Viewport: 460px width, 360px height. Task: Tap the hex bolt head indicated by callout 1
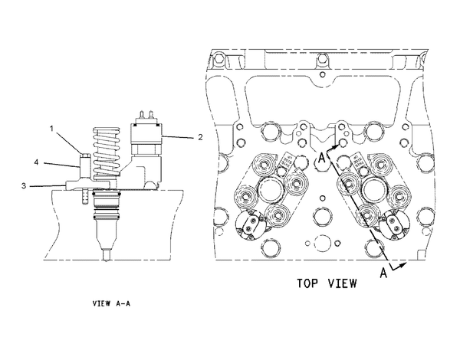[83, 162]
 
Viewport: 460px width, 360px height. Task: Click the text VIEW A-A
[112, 304]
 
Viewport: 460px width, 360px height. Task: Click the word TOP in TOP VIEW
[311, 283]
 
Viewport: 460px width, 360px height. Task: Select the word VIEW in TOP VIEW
[342, 283]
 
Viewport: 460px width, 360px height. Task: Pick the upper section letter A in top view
[323, 159]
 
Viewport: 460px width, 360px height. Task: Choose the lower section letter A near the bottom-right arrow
[383, 273]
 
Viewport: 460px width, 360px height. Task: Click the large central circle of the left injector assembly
[273, 188]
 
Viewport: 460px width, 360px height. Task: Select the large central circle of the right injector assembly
[377, 188]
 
